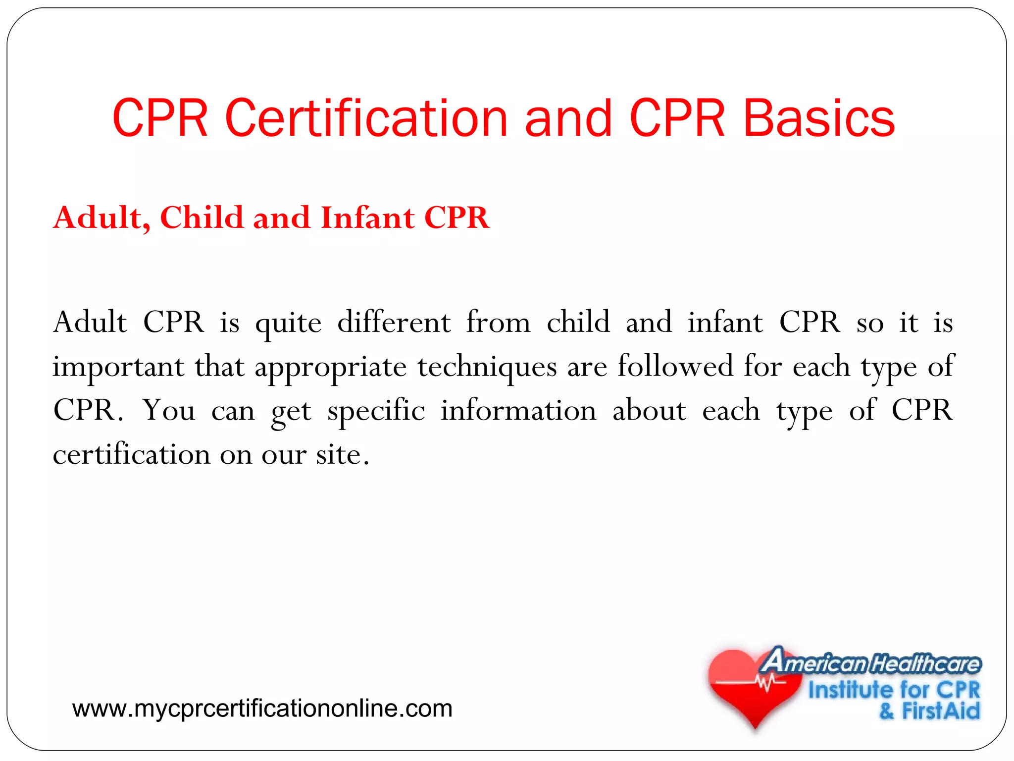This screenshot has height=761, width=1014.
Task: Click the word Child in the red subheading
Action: point(202,217)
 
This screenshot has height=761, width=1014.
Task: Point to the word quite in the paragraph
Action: point(288,324)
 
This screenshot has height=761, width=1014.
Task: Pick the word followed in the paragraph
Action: point(675,366)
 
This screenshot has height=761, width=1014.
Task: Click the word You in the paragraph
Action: point(169,411)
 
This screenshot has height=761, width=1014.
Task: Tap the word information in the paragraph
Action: point(518,411)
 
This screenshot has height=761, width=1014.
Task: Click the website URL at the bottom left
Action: point(262,708)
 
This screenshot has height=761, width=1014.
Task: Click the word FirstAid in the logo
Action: point(940,710)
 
